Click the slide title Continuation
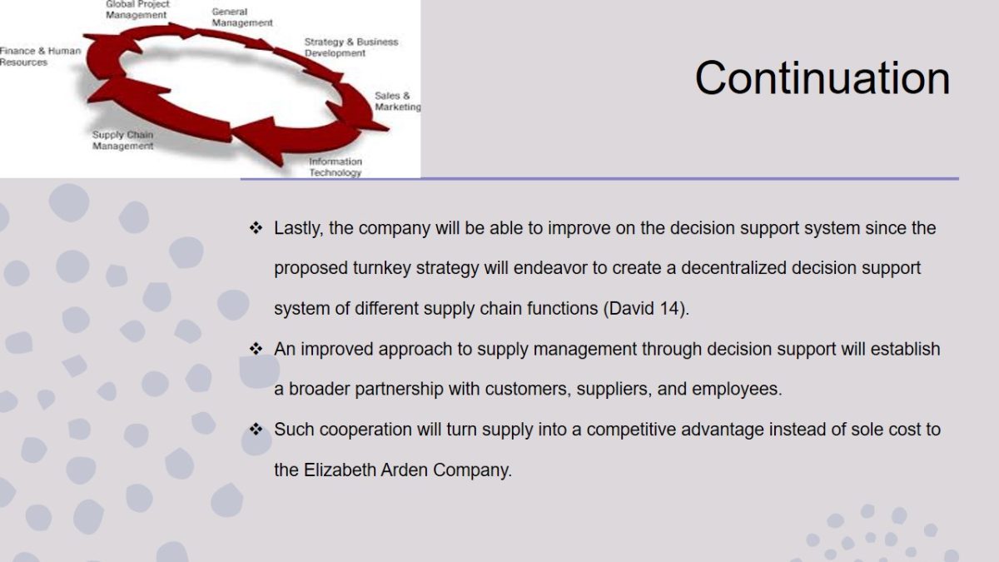(x=823, y=78)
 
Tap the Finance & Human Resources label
(x=40, y=57)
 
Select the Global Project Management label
(x=137, y=10)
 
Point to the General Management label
(x=241, y=17)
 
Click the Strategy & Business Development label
(x=351, y=47)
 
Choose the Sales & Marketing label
(x=397, y=102)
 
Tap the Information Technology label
(x=335, y=167)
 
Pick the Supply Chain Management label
(x=122, y=140)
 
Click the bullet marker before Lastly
(x=256, y=227)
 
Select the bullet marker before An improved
(x=256, y=348)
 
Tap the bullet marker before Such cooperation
(x=256, y=429)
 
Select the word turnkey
(x=382, y=268)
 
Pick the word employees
(x=737, y=390)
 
